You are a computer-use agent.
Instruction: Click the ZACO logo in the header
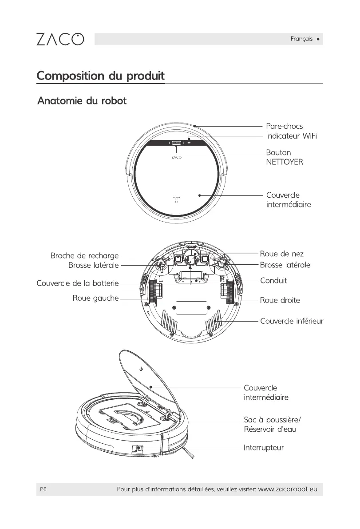[59, 39]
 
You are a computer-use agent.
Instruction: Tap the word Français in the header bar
[301, 39]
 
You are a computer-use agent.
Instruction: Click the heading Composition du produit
[100, 76]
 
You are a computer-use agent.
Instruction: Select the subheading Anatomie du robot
[83, 101]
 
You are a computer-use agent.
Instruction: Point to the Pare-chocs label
[284, 127]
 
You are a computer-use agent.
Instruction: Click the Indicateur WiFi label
[292, 136]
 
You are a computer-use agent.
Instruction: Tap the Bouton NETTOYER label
[285, 157]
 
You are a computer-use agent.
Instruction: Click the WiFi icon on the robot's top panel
[189, 143]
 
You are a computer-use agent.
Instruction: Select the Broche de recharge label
[84, 256]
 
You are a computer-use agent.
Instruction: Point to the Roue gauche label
[95, 298]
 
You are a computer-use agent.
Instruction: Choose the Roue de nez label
[281, 254]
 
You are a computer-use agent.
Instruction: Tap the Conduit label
[273, 281]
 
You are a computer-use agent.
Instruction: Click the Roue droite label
[280, 300]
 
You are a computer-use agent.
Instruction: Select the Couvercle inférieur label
[292, 321]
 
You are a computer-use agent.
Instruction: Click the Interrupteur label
[264, 447]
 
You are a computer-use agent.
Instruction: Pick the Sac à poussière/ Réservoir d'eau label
[270, 424]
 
